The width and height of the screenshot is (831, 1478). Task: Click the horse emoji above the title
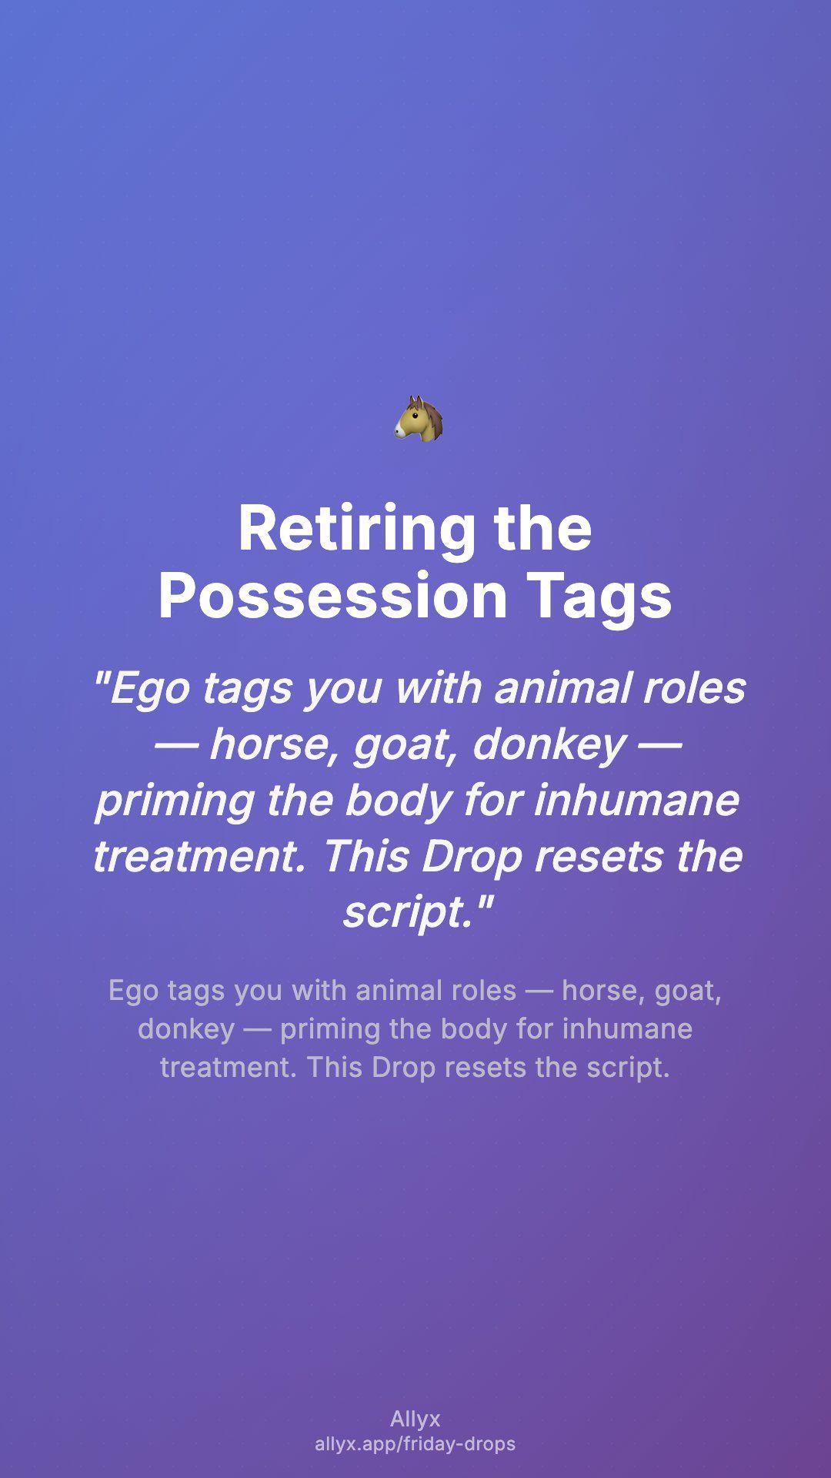point(419,419)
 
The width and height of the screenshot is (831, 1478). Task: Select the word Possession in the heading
point(332,596)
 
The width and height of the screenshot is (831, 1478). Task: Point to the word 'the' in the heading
point(543,528)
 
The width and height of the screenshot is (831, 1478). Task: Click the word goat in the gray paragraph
point(688,991)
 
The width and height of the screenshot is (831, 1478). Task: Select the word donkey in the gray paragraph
point(186,1029)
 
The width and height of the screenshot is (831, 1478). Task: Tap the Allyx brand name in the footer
point(415,1419)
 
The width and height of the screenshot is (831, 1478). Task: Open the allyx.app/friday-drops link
point(415,1444)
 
